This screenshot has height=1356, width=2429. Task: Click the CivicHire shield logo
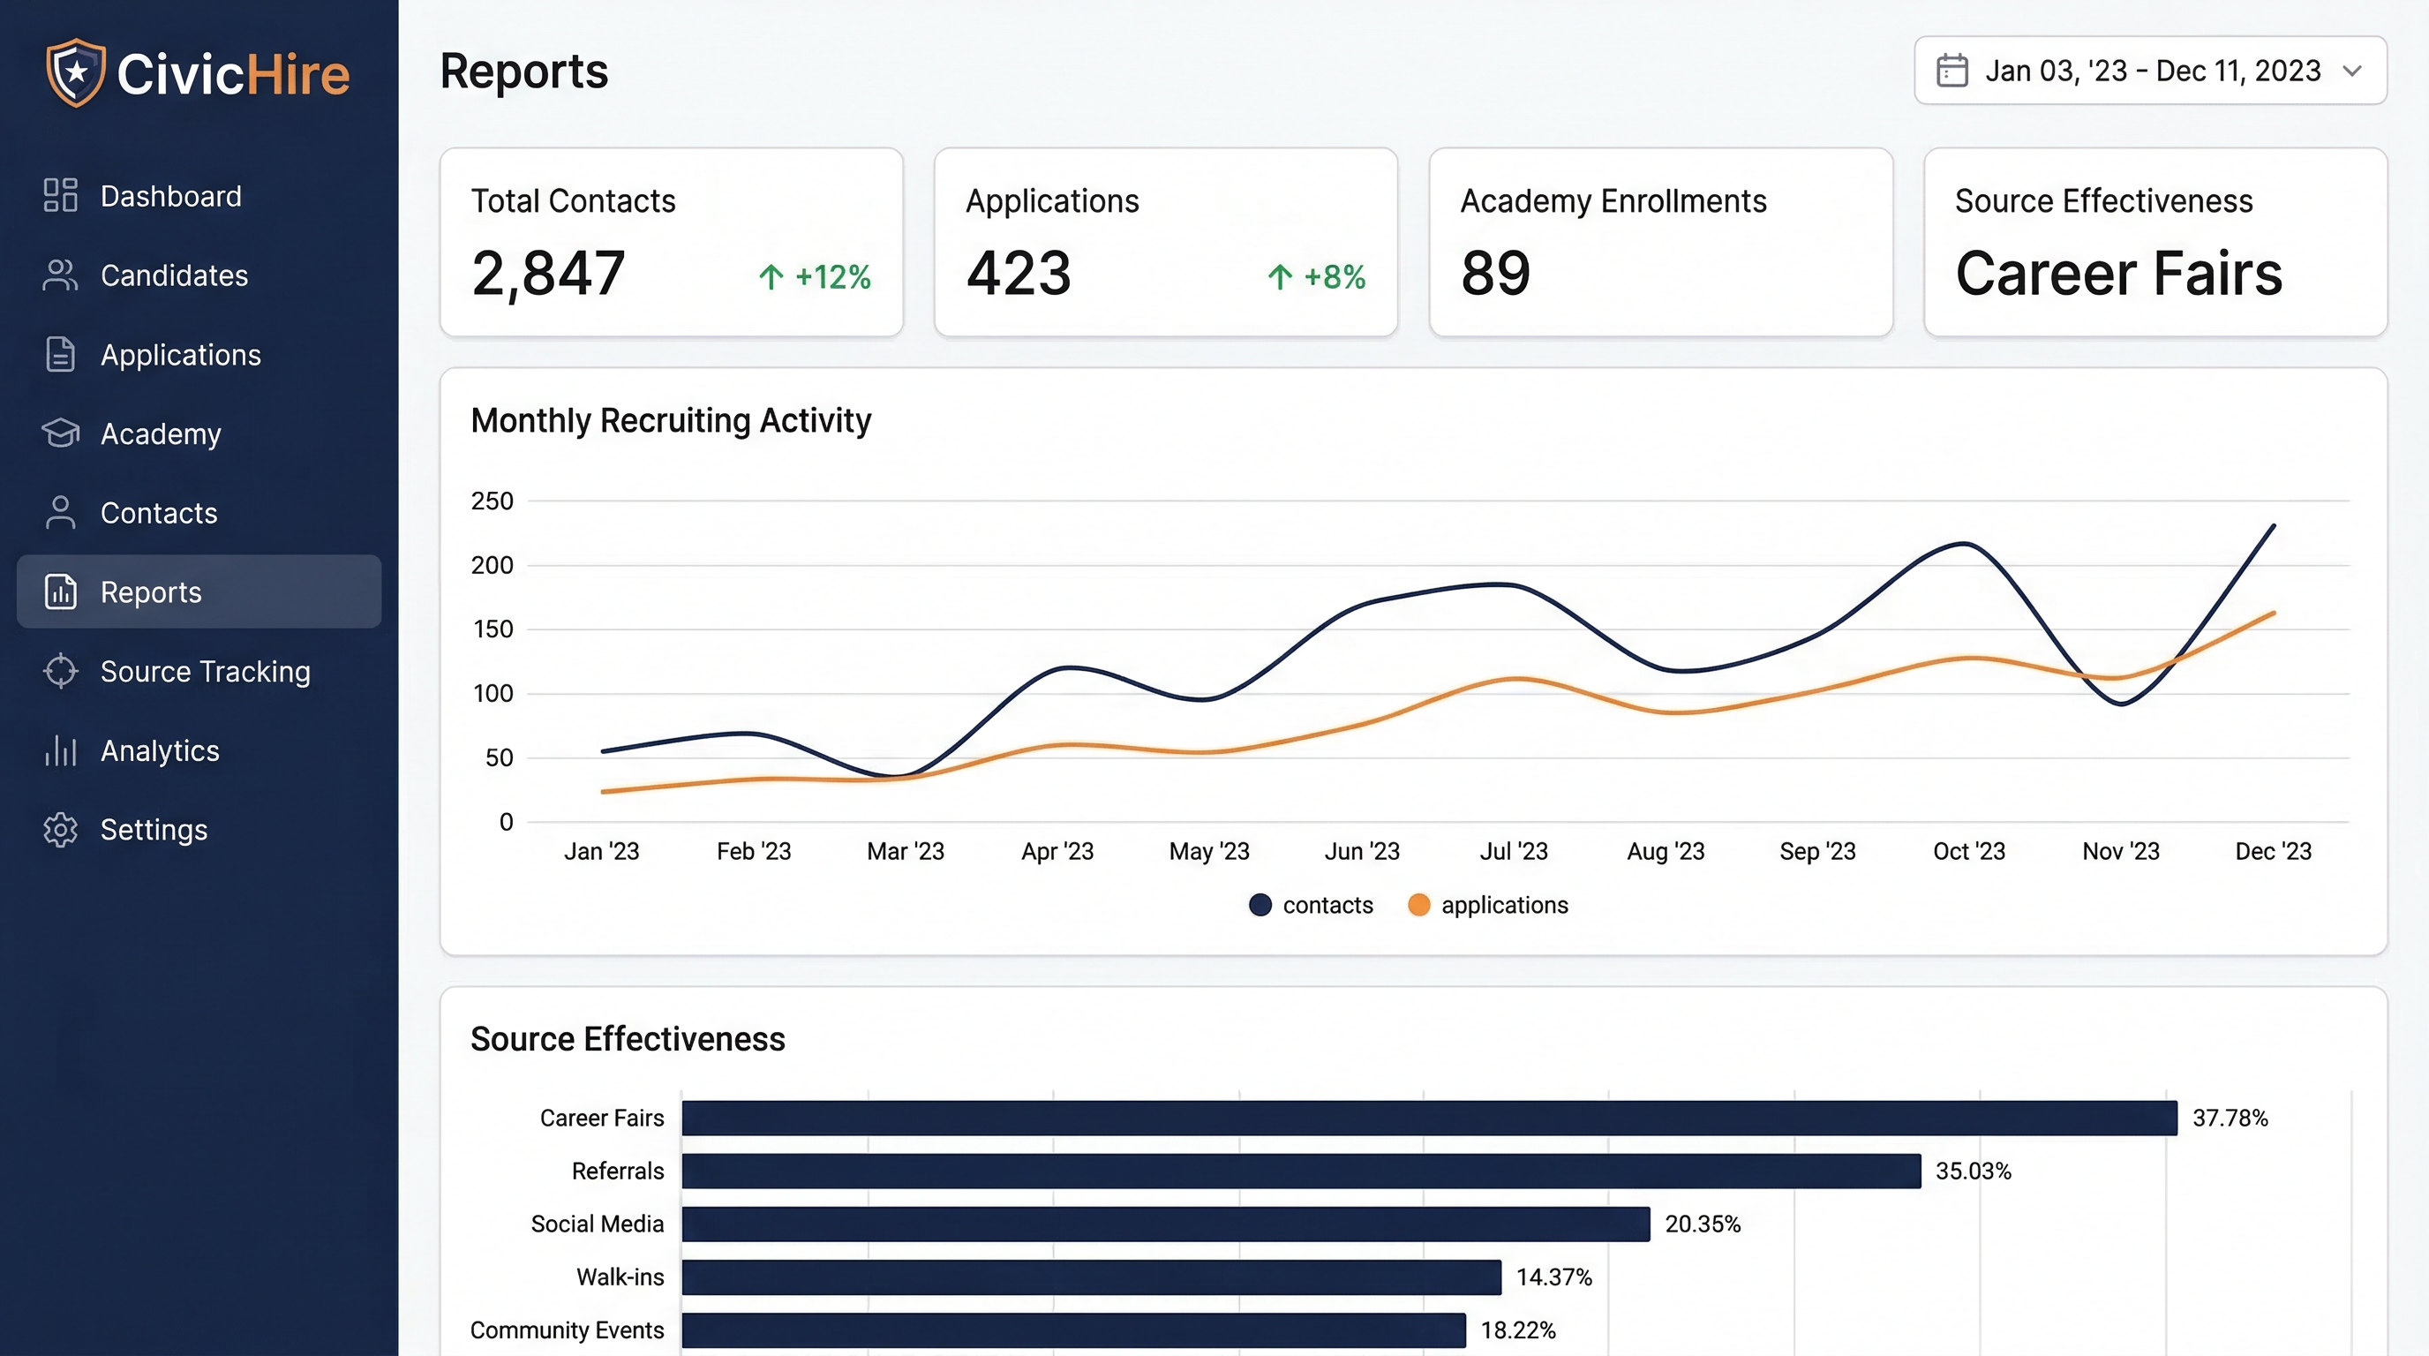(x=75, y=72)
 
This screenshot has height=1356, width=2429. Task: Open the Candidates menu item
(x=174, y=275)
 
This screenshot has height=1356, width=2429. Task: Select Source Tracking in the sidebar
(x=205, y=672)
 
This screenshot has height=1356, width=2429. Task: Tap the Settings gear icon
(x=60, y=830)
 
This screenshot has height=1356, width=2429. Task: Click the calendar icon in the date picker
(x=1951, y=71)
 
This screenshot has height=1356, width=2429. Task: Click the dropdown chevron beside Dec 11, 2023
(x=2351, y=71)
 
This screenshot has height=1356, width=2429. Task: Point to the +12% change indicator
(x=815, y=276)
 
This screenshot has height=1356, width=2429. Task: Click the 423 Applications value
(x=1019, y=274)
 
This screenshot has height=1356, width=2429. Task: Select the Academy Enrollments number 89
(x=1495, y=274)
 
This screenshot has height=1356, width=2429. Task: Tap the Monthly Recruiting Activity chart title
(x=671, y=420)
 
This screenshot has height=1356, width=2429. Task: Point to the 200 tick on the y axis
(x=493, y=565)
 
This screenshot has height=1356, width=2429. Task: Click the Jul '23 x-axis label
(x=1514, y=852)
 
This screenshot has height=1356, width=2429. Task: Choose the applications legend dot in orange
(x=1418, y=905)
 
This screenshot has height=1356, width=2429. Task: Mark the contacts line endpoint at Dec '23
(x=2274, y=526)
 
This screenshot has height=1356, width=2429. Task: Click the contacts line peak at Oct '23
(x=1964, y=543)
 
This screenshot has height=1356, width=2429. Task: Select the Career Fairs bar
(x=1429, y=1119)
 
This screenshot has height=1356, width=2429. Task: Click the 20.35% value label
(x=1702, y=1224)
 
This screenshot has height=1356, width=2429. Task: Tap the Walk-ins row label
(x=620, y=1277)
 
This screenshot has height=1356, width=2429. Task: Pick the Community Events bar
(x=1073, y=1330)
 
